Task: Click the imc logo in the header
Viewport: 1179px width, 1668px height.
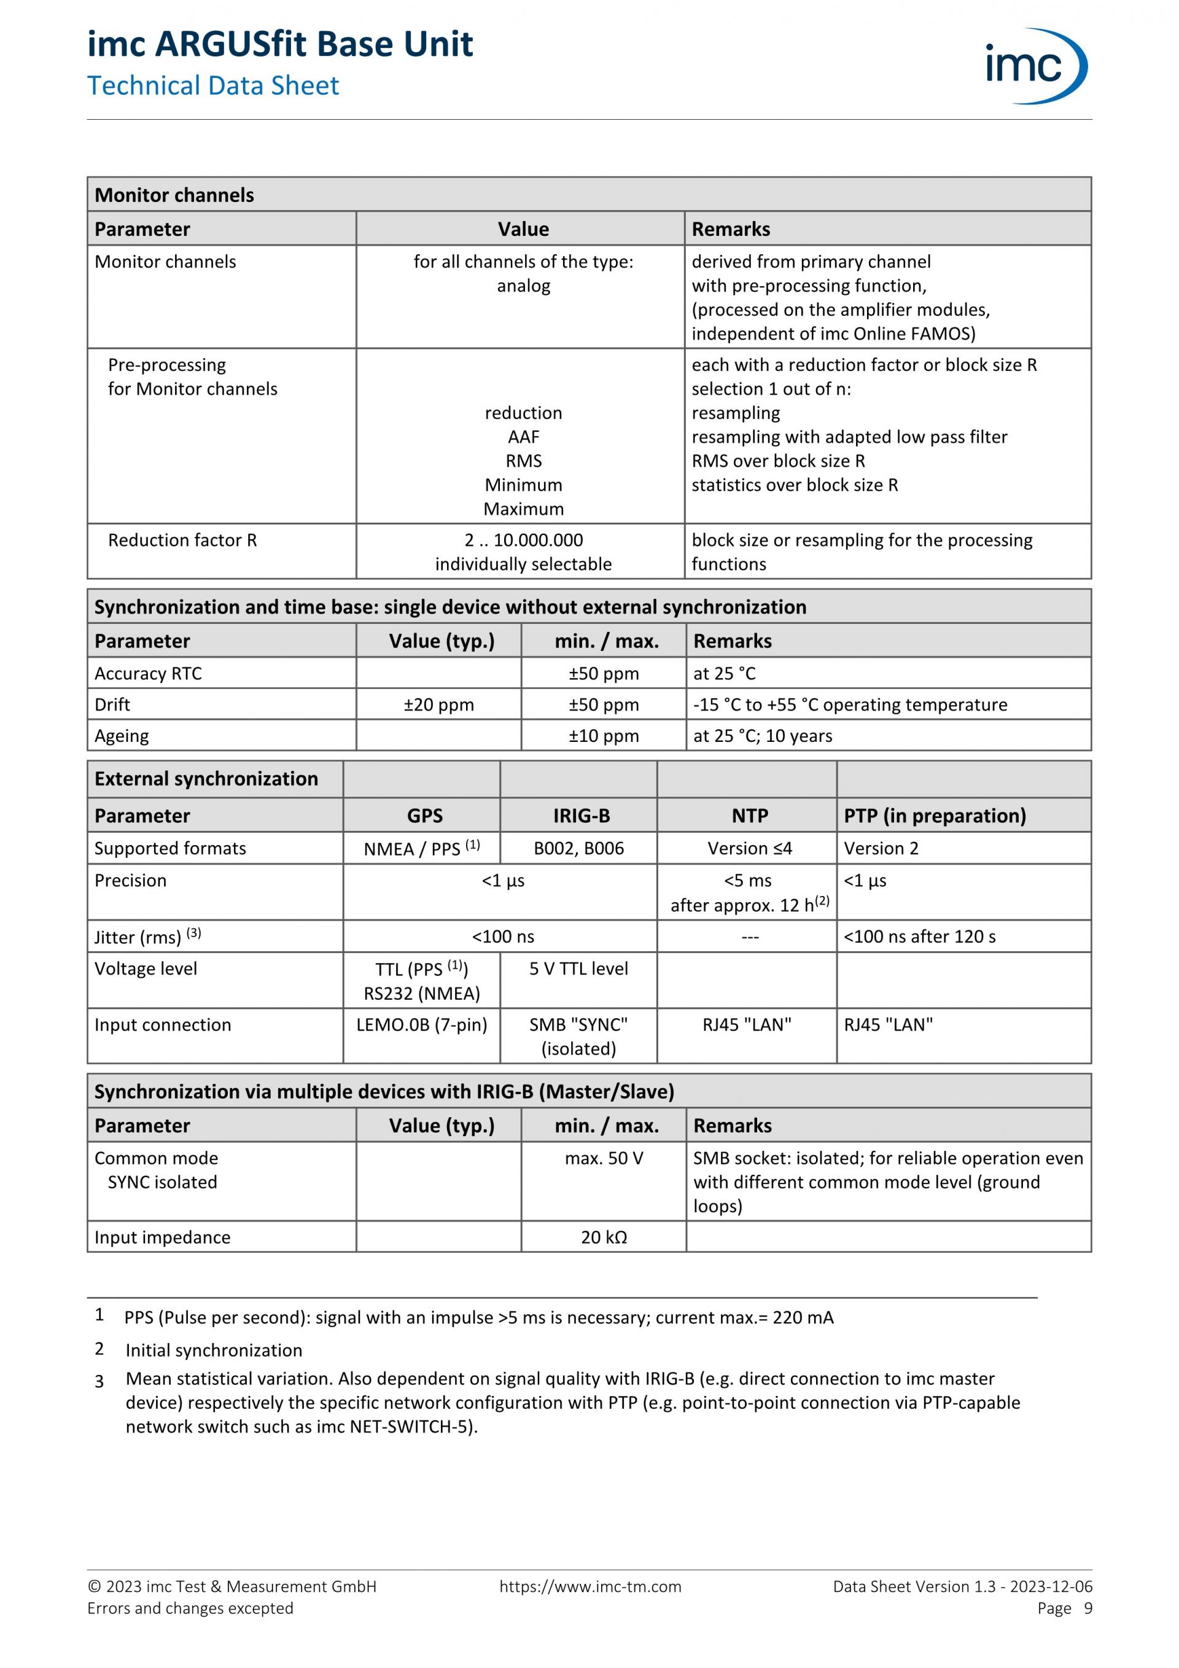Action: (1035, 66)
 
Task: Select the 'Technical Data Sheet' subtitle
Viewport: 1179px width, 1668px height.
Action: (213, 86)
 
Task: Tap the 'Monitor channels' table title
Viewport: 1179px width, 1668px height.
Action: (174, 195)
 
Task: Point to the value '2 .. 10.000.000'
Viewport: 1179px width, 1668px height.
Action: (523, 540)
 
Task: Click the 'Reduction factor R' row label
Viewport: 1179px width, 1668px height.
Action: (182, 540)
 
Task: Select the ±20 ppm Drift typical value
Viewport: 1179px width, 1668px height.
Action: (439, 704)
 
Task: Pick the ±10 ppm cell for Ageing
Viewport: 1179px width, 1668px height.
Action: (604, 736)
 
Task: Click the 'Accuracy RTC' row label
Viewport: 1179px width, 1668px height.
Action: (148, 674)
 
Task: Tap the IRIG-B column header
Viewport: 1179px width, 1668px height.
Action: (581, 816)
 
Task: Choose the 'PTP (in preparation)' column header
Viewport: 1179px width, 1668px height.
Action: (934, 816)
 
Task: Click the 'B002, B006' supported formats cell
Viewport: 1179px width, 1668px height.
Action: (579, 849)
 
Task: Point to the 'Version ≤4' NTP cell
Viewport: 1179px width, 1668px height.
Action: (750, 849)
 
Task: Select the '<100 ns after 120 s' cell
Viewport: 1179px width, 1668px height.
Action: (919, 937)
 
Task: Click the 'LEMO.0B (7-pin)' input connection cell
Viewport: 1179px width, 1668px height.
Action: (421, 1025)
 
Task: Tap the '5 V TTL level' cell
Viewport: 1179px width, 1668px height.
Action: (579, 968)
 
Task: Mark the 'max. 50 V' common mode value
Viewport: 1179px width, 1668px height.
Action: (604, 1158)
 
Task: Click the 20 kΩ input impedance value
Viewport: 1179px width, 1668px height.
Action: (604, 1237)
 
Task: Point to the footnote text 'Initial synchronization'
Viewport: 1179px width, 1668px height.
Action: (214, 1350)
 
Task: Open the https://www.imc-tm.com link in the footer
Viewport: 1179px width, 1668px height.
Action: (590, 1587)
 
